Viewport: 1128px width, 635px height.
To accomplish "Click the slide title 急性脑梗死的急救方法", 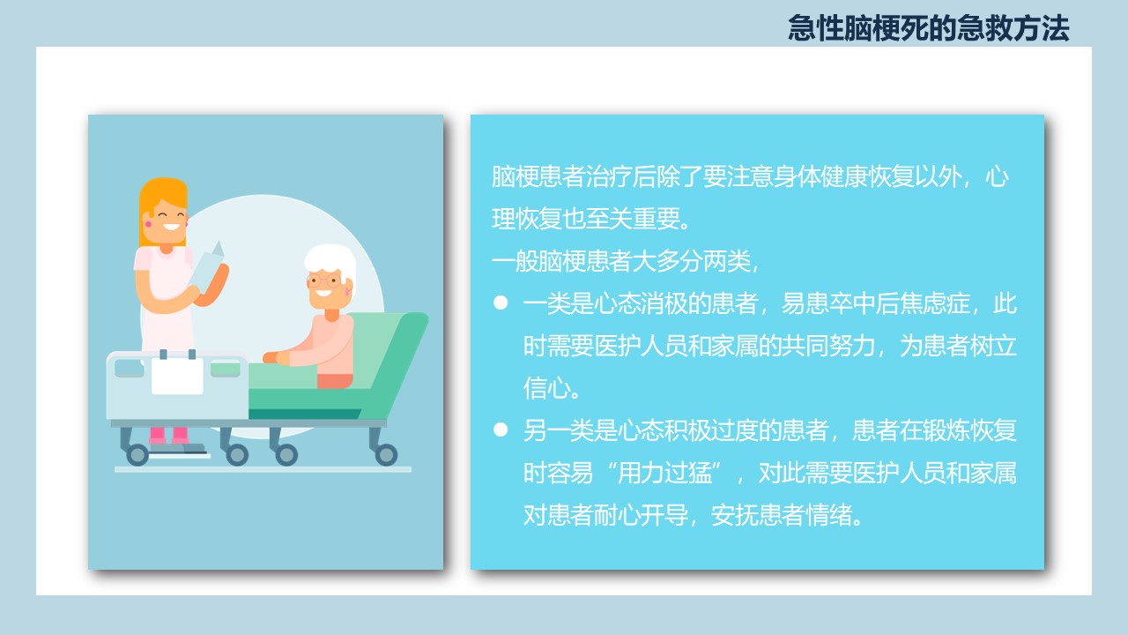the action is point(928,27).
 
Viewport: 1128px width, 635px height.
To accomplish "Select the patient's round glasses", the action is point(324,280).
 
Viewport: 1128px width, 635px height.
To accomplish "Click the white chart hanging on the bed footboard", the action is point(177,376).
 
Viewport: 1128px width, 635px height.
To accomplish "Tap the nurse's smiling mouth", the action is point(171,227).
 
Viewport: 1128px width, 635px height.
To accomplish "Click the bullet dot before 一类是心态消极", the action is point(501,303).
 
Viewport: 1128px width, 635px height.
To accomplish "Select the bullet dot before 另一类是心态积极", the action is point(501,430).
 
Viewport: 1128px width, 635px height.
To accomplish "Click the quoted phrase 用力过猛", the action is point(664,473).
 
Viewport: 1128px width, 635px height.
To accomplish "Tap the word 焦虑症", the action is point(935,303).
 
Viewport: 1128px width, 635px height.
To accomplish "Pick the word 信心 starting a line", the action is point(547,388).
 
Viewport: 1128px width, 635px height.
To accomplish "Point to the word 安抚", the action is point(734,515).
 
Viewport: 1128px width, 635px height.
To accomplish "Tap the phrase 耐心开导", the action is point(641,515).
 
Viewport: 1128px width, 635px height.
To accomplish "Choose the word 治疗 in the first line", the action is point(608,176).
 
